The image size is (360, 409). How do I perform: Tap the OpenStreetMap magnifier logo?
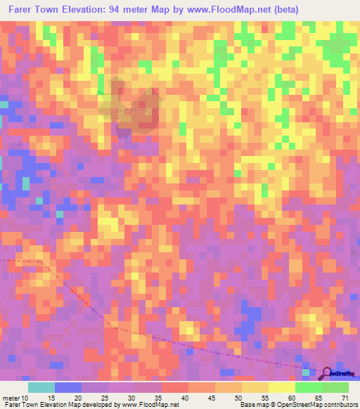click(326, 373)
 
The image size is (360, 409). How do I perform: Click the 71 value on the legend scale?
click(345, 398)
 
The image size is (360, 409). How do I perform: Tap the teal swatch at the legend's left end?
click(41, 387)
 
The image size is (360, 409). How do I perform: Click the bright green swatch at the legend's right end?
click(335, 387)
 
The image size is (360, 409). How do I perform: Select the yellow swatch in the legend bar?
click(255, 387)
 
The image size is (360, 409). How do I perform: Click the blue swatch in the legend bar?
click(68, 387)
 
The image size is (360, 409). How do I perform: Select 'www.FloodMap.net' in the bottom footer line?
click(149, 405)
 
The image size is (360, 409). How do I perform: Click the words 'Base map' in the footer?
click(252, 405)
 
